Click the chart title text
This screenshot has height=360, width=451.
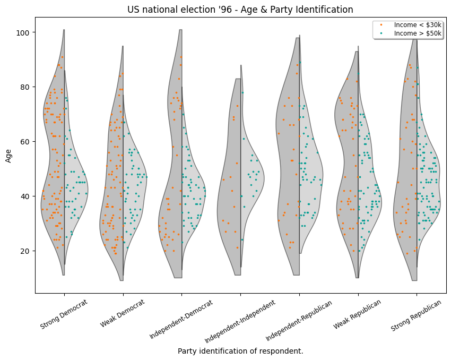[240, 10]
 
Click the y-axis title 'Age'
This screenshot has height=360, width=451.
[8, 155]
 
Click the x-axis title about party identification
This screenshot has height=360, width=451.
[240, 351]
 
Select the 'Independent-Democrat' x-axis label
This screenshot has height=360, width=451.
[181, 319]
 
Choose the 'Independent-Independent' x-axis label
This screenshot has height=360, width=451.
[240, 321]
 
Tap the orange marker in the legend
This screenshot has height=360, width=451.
[381, 24]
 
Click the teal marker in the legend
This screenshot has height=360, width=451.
[381, 33]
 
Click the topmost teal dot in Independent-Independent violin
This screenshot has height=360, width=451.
[242, 92]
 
